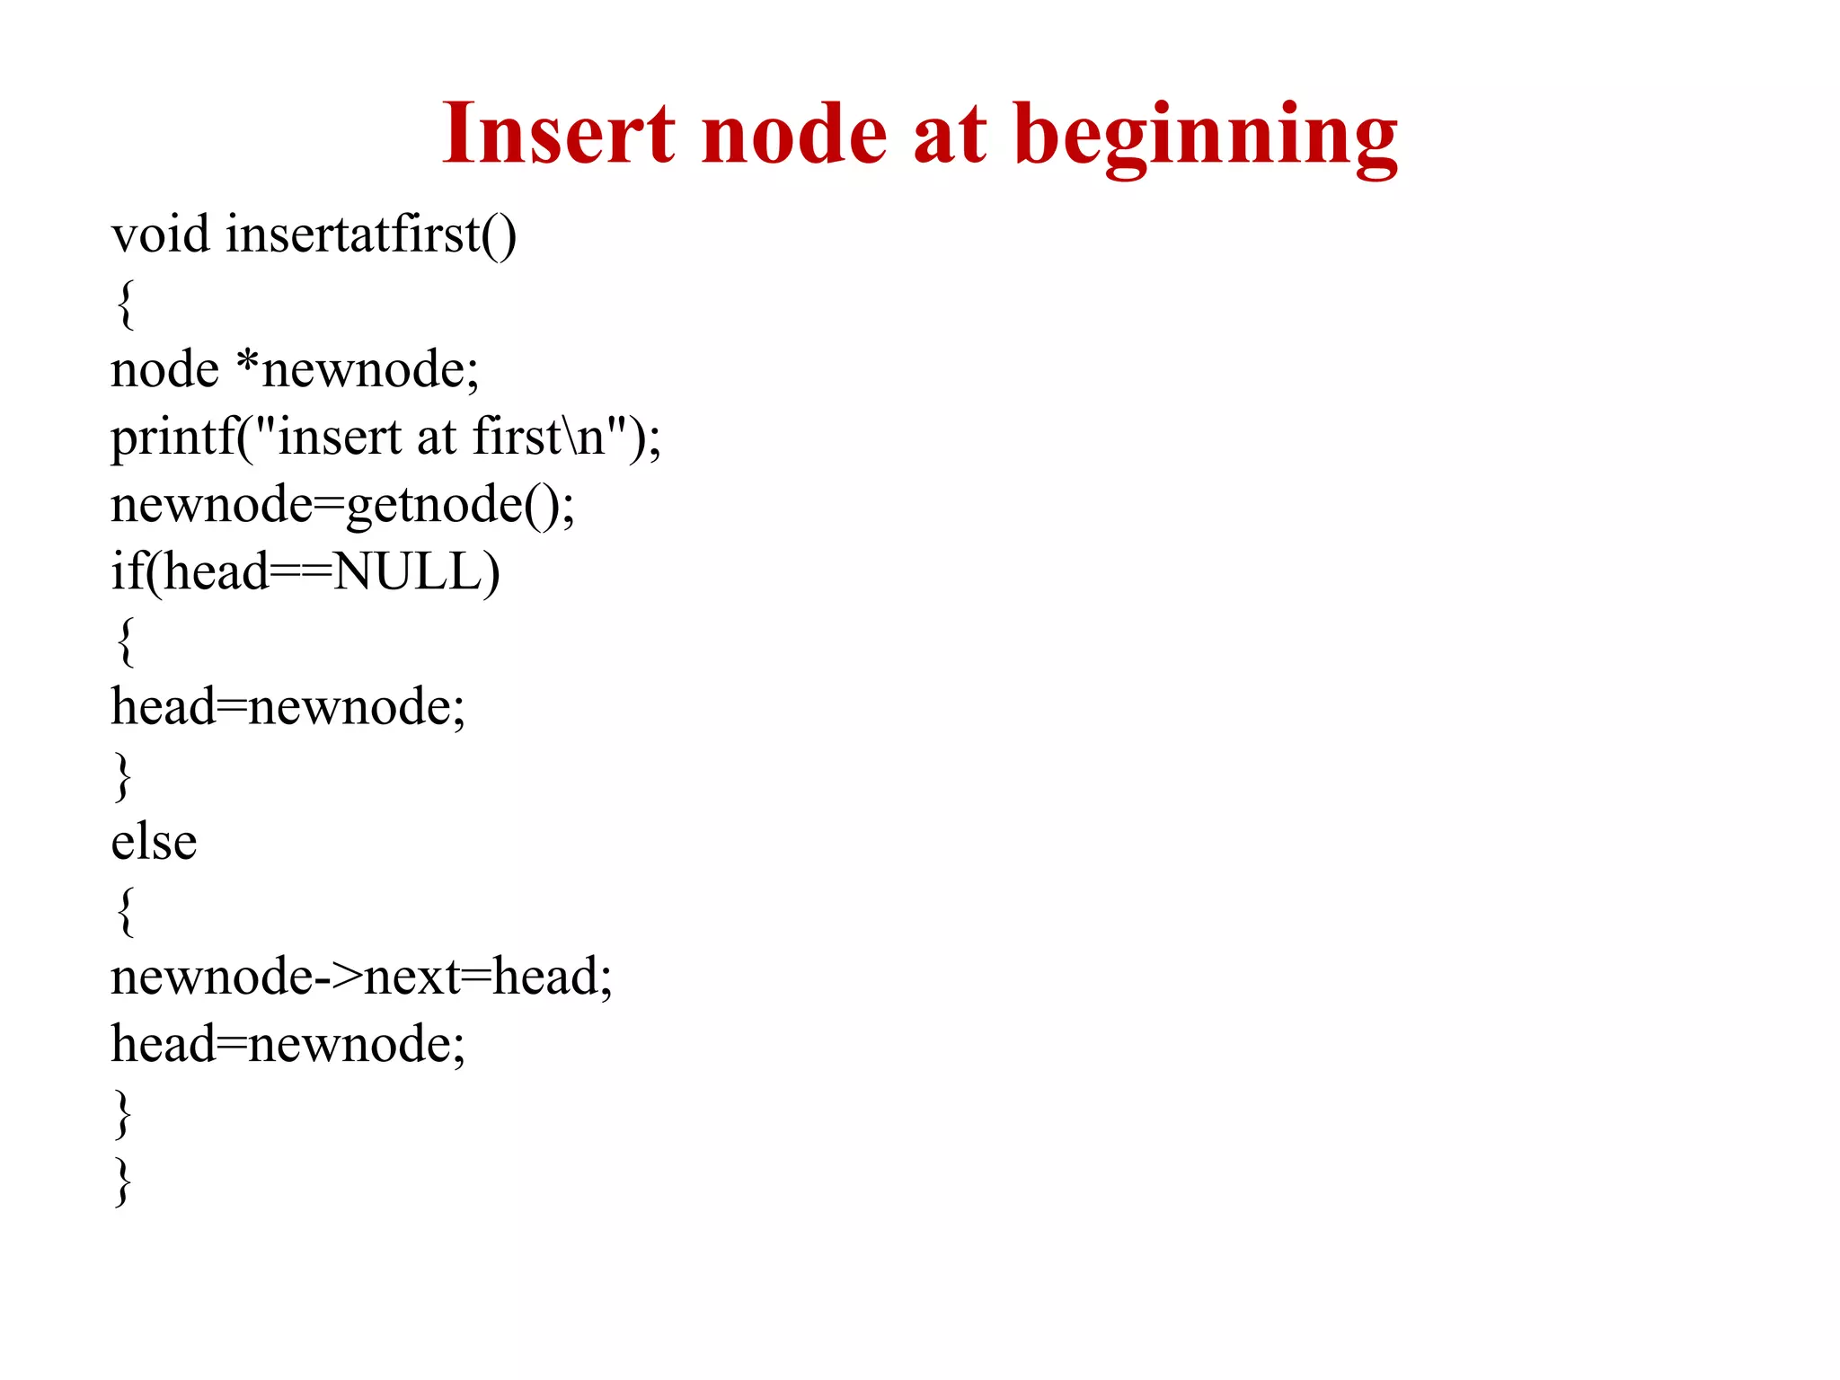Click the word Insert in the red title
[x=558, y=134]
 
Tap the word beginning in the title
[x=1206, y=137]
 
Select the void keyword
[x=160, y=234]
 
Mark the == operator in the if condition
[x=301, y=572]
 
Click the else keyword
[x=154, y=843]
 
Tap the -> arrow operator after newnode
[x=338, y=977]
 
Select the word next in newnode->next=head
[x=412, y=977]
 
